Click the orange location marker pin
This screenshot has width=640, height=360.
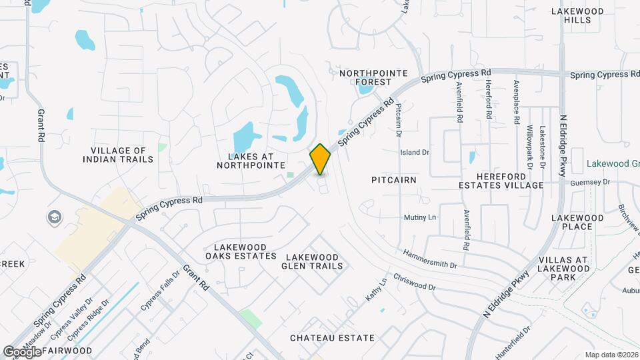coord(321,159)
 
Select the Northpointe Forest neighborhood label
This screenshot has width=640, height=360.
coord(365,77)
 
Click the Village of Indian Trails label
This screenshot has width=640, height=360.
coord(118,155)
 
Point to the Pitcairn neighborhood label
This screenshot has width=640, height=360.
coord(394,180)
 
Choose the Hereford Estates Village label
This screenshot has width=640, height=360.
coord(501,181)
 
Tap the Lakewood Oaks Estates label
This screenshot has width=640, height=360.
coord(241,251)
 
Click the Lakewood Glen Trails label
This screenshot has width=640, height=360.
coord(314,261)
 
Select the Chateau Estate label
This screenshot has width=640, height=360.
coord(332,338)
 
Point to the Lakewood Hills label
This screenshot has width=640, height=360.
coord(577,15)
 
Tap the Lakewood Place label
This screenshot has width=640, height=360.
coord(577,222)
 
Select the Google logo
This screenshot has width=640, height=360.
coord(23,351)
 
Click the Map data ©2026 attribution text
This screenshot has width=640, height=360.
coord(611,355)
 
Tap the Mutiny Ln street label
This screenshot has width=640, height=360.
coord(419,218)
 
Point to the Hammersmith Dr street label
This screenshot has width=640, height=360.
coord(429,259)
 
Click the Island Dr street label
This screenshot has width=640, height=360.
coord(415,153)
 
